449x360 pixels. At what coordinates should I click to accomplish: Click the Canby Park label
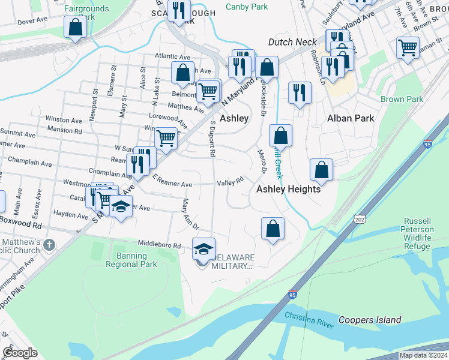(246, 7)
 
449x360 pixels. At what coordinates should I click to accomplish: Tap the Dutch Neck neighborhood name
(292, 42)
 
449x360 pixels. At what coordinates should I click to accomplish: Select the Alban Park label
(351, 118)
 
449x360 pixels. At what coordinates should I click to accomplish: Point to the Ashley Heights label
(289, 188)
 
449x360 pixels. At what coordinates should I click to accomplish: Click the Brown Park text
(402, 99)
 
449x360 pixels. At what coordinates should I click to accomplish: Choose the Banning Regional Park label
(131, 259)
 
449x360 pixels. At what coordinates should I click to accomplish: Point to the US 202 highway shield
(360, 220)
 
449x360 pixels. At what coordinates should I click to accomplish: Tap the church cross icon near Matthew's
(49, 245)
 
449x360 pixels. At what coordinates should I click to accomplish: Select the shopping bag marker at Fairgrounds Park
(75, 27)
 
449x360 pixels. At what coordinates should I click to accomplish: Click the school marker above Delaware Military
(203, 249)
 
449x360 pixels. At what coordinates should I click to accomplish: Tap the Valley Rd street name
(230, 181)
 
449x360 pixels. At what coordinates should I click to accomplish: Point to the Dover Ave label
(32, 21)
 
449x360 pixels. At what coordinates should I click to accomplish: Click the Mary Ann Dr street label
(190, 214)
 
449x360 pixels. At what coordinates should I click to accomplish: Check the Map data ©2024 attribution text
(423, 355)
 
